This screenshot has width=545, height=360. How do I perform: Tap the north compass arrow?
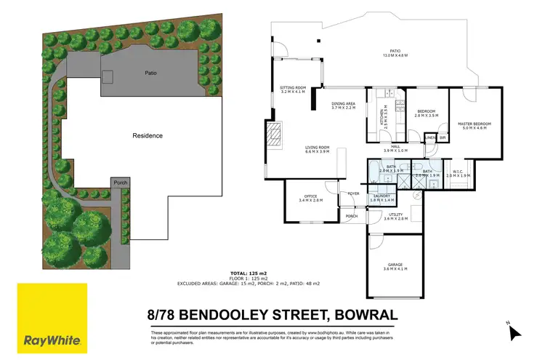pos(514,332)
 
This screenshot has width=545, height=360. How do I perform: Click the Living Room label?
pos(317,150)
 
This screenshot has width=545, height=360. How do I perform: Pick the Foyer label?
pos(353,193)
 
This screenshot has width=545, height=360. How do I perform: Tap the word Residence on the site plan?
pos(148,136)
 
